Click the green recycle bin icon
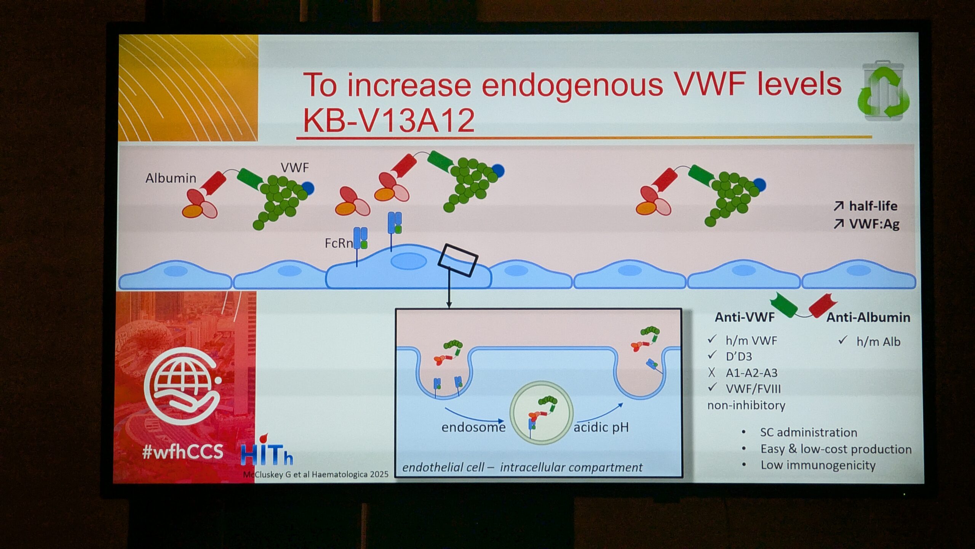coord(884,91)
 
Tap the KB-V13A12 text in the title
coord(389,120)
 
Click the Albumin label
coord(171,178)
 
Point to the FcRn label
coord(339,243)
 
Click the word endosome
coord(473,427)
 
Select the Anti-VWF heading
coord(745,317)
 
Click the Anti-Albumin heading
coord(868,317)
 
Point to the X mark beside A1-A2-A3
coord(711,372)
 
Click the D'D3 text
coord(739,356)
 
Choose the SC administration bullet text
coord(809,432)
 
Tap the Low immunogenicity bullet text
coord(818,466)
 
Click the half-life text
coord(873,206)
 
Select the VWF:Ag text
coord(874,224)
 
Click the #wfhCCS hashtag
coord(182,452)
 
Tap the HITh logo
coord(267,451)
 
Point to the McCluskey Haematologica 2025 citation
coord(316,475)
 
